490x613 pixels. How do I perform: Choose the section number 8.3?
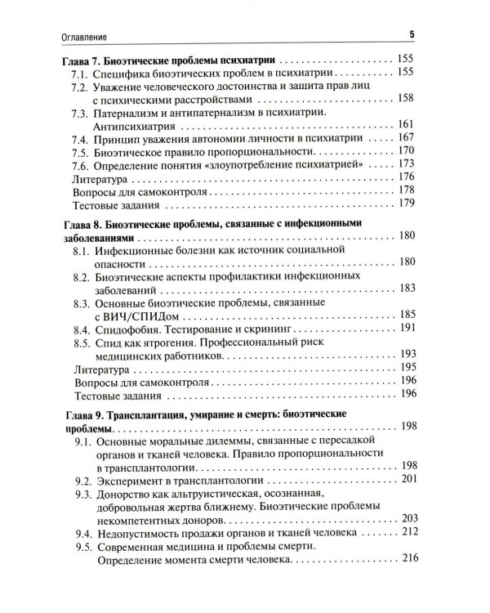coord(82,302)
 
